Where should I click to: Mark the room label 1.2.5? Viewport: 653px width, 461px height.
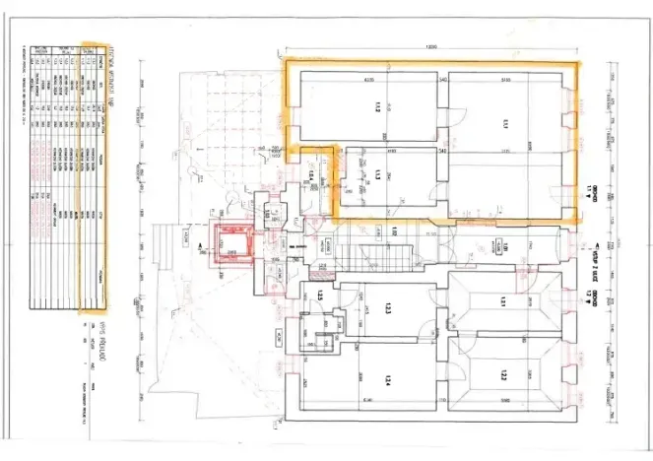tap(321, 296)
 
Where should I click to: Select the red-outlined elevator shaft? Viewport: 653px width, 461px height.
tap(233, 241)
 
